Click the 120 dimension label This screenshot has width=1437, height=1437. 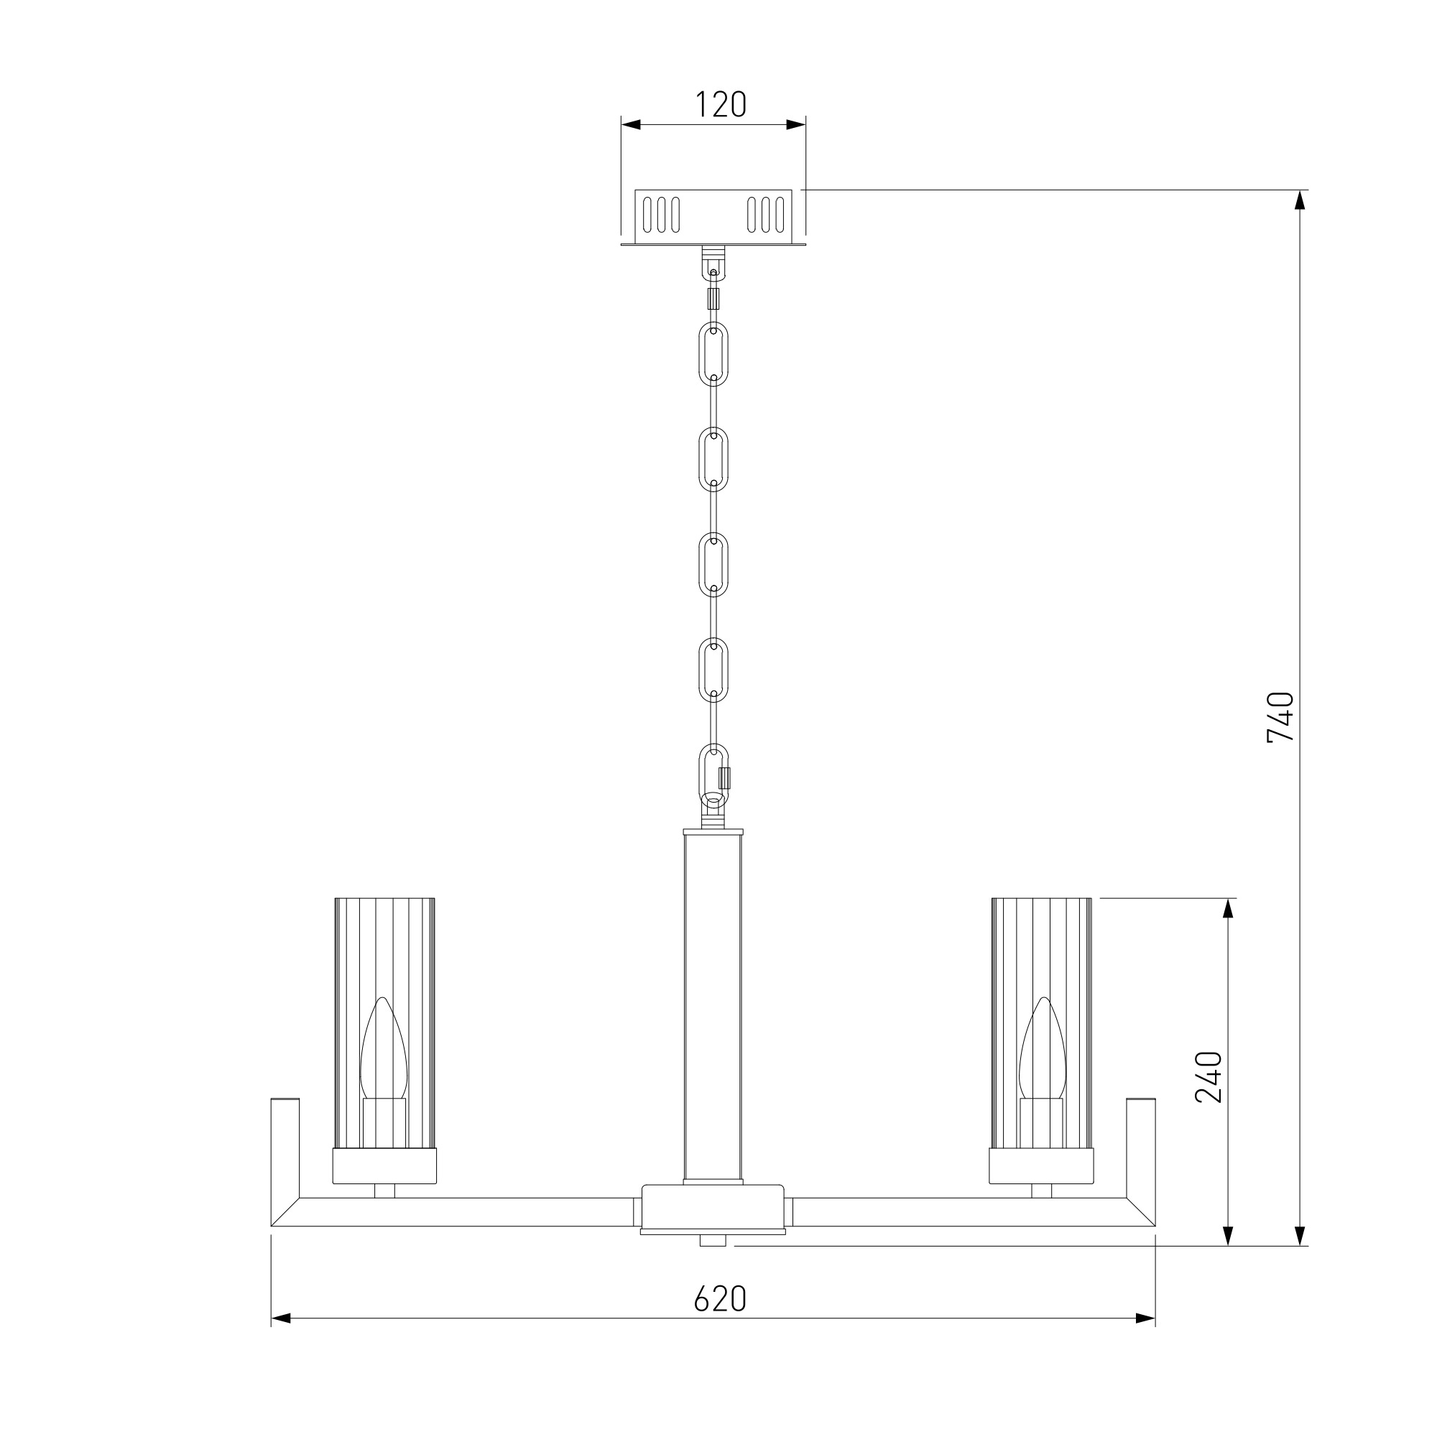[720, 105]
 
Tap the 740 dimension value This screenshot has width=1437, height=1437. [1280, 717]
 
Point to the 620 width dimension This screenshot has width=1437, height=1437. [719, 1298]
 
